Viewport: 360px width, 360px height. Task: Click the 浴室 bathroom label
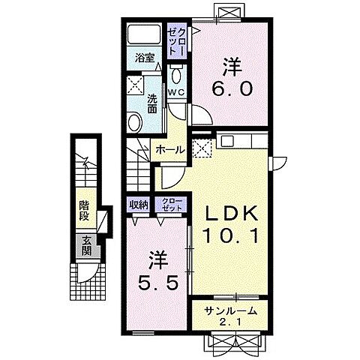point(145,58)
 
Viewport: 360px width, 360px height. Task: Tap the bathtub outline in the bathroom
point(144,34)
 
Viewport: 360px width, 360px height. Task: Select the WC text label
point(176,92)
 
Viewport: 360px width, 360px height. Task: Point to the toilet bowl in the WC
point(176,74)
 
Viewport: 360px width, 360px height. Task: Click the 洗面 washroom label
point(152,103)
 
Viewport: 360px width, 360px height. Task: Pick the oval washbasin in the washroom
point(135,123)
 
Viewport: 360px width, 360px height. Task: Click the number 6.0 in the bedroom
point(232,88)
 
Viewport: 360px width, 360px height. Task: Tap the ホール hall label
point(170,150)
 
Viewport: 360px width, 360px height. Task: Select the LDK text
point(231,213)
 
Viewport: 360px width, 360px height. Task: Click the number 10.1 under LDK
point(230,235)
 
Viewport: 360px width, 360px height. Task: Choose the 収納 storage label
point(139,205)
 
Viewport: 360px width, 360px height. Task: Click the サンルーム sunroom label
point(230,310)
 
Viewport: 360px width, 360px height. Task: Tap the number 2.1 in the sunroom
point(230,322)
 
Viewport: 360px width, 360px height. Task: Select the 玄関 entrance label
point(87,245)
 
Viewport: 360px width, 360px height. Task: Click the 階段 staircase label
point(85,211)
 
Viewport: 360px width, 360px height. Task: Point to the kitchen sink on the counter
point(227,141)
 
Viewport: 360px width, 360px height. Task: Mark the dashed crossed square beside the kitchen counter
point(202,148)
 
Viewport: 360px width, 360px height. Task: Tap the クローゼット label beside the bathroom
point(177,41)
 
